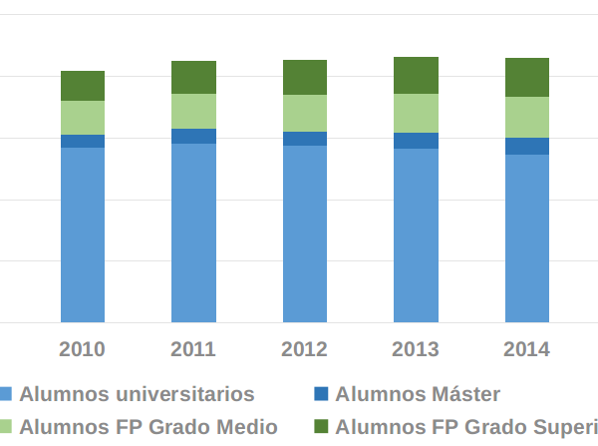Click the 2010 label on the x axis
point(83,349)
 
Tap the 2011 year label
point(193,349)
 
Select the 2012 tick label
point(305,349)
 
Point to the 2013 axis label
point(416,349)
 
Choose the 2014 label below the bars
point(527,349)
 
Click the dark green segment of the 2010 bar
point(83,86)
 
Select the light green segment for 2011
point(193,111)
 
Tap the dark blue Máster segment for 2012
point(305,139)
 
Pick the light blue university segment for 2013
point(416,234)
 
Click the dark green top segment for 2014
point(527,77)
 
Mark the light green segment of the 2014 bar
point(527,117)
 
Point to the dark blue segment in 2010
point(83,141)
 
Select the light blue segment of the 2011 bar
point(193,232)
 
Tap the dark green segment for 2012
point(305,77)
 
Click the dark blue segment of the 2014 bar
point(527,146)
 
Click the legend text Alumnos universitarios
point(137,394)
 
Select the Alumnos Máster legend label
point(418,394)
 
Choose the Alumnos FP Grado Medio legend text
point(149,427)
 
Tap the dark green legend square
point(321,427)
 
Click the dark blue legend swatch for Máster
point(321,394)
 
